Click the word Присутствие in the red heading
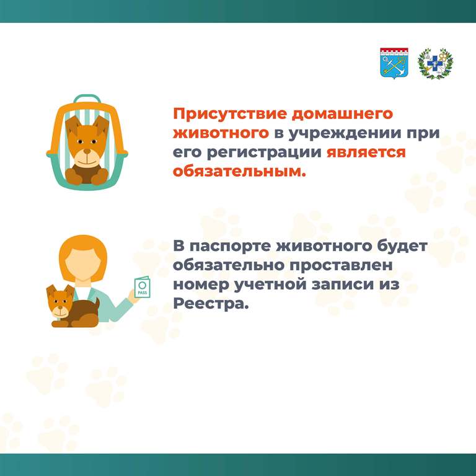pos(230,114)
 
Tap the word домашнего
pos(342,114)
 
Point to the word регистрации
pos(264,152)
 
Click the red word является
pos(366,152)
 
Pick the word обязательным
pos(239,172)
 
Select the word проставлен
pos(341,266)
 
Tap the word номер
pos(201,285)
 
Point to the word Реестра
pos(211,304)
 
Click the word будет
pos(402,245)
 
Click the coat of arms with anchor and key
pos(394,63)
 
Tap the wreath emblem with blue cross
pos(435,63)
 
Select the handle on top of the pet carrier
pos(87,99)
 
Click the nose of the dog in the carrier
pos(87,151)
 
